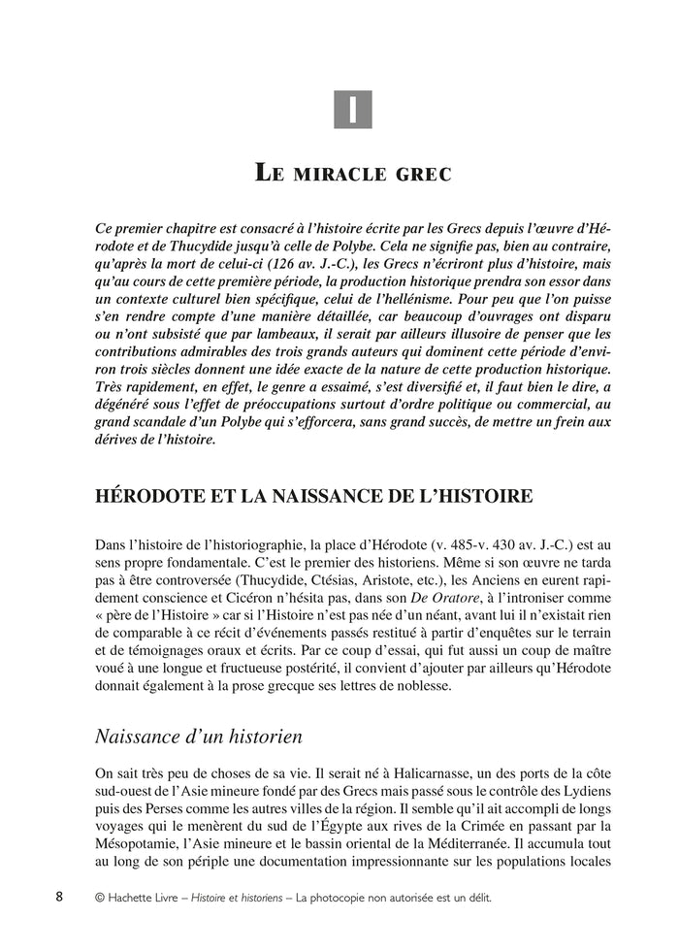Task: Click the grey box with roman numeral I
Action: [x=353, y=109]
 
